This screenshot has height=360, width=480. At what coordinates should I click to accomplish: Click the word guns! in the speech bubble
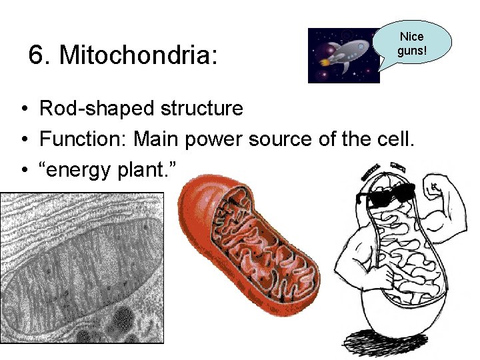pos(411,50)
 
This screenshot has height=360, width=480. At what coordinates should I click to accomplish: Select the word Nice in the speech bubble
pos(411,37)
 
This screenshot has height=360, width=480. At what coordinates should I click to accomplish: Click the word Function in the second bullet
pos(81,139)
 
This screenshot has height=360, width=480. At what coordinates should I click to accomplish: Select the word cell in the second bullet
pos(397,139)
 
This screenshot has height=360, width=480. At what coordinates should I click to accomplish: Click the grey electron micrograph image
pos(81,267)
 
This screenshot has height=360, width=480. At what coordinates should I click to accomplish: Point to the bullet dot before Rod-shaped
pos(23,108)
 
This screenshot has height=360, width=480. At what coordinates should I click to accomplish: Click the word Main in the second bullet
pos(158,139)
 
